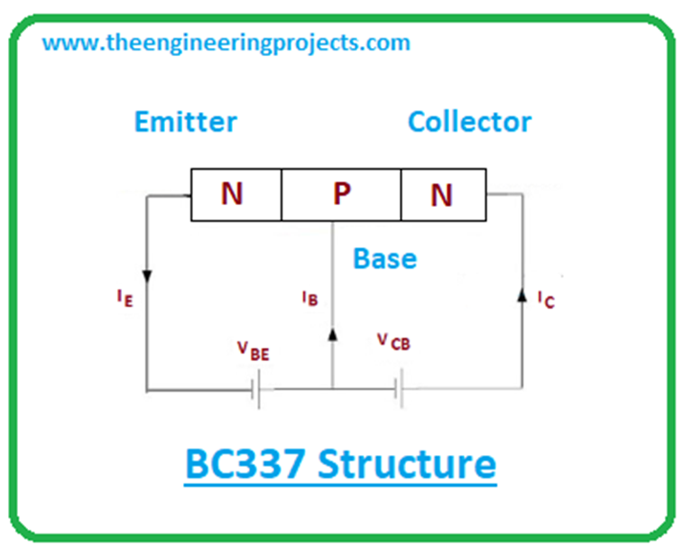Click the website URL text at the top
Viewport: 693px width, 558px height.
(x=226, y=42)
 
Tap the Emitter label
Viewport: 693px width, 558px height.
(x=186, y=122)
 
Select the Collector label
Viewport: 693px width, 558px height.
(x=469, y=122)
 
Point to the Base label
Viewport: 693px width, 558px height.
(x=384, y=259)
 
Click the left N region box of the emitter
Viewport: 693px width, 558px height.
(x=235, y=195)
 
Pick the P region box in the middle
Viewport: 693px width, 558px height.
(x=341, y=195)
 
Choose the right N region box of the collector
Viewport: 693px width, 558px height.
(x=443, y=195)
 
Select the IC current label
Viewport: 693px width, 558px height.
(x=545, y=299)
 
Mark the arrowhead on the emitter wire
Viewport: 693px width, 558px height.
(x=145, y=274)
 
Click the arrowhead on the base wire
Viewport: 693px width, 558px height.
(x=332, y=333)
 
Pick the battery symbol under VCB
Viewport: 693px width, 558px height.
(x=397, y=390)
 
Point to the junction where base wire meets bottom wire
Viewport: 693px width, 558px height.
(x=332, y=390)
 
